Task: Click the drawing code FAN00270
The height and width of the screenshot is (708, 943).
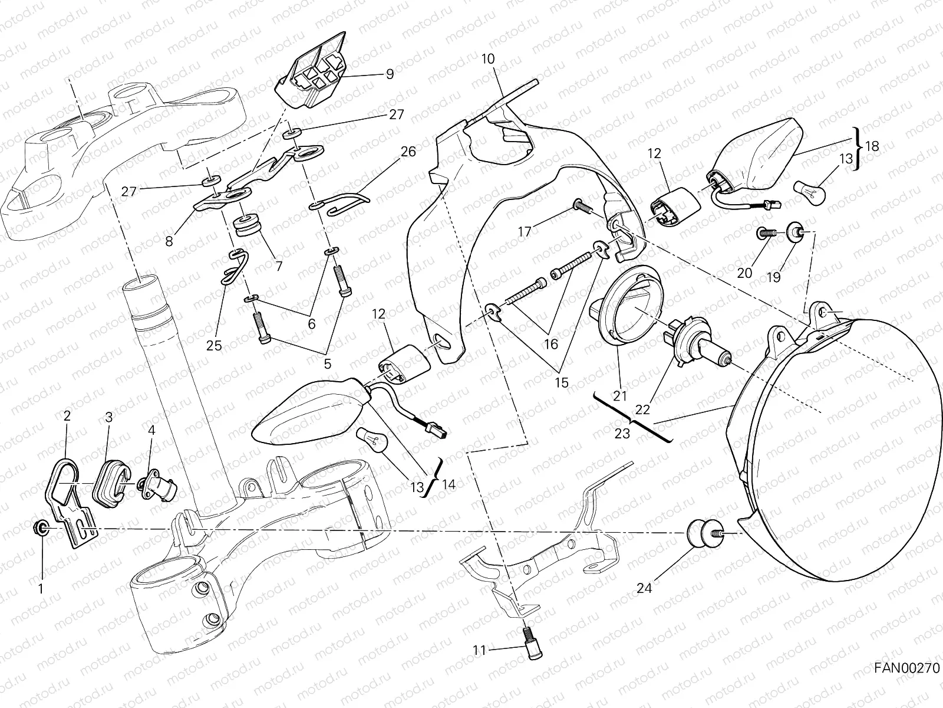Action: pyautogui.click(x=905, y=685)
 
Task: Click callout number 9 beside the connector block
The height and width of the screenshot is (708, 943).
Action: pyautogui.click(x=390, y=74)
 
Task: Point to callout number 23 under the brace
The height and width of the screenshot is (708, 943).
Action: pyautogui.click(x=622, y=434)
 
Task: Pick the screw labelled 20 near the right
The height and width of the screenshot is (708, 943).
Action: pyautogui.click(x=764, y=234)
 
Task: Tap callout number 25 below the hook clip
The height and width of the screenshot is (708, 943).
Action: pyautogui.click(x=214, y=346)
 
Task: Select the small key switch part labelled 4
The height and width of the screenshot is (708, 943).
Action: pyautogui.click(x=157, y=487)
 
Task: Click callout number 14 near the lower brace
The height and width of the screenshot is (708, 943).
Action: pyautogui.click(x=449, y=485)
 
